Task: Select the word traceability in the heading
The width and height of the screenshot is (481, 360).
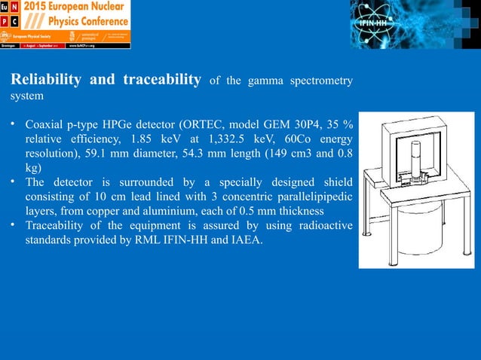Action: coord(159,81)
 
